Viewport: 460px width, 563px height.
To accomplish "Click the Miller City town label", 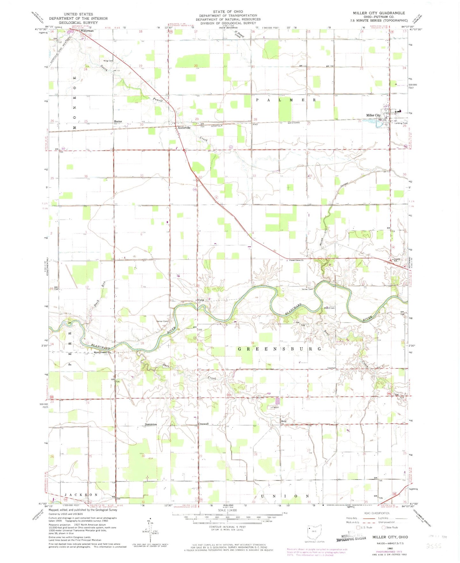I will tap(373, 115).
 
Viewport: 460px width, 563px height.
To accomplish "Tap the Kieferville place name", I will tap(184, 128).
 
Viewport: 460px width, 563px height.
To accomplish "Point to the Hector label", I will tap(118, 121).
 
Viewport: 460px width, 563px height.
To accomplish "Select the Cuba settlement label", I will tap(201, 300).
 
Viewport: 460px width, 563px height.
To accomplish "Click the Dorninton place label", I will tap(151, 424).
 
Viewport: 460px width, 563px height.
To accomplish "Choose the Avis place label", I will tap(284, 421).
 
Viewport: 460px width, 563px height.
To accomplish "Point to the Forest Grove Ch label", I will tap(296, 260).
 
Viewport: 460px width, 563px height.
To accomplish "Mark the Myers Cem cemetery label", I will tap(329, 308).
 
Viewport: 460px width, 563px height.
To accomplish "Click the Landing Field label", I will tap(401, 123).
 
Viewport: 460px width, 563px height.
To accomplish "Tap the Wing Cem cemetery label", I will tap(108, 61).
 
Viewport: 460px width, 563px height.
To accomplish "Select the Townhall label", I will tap(331, 368).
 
